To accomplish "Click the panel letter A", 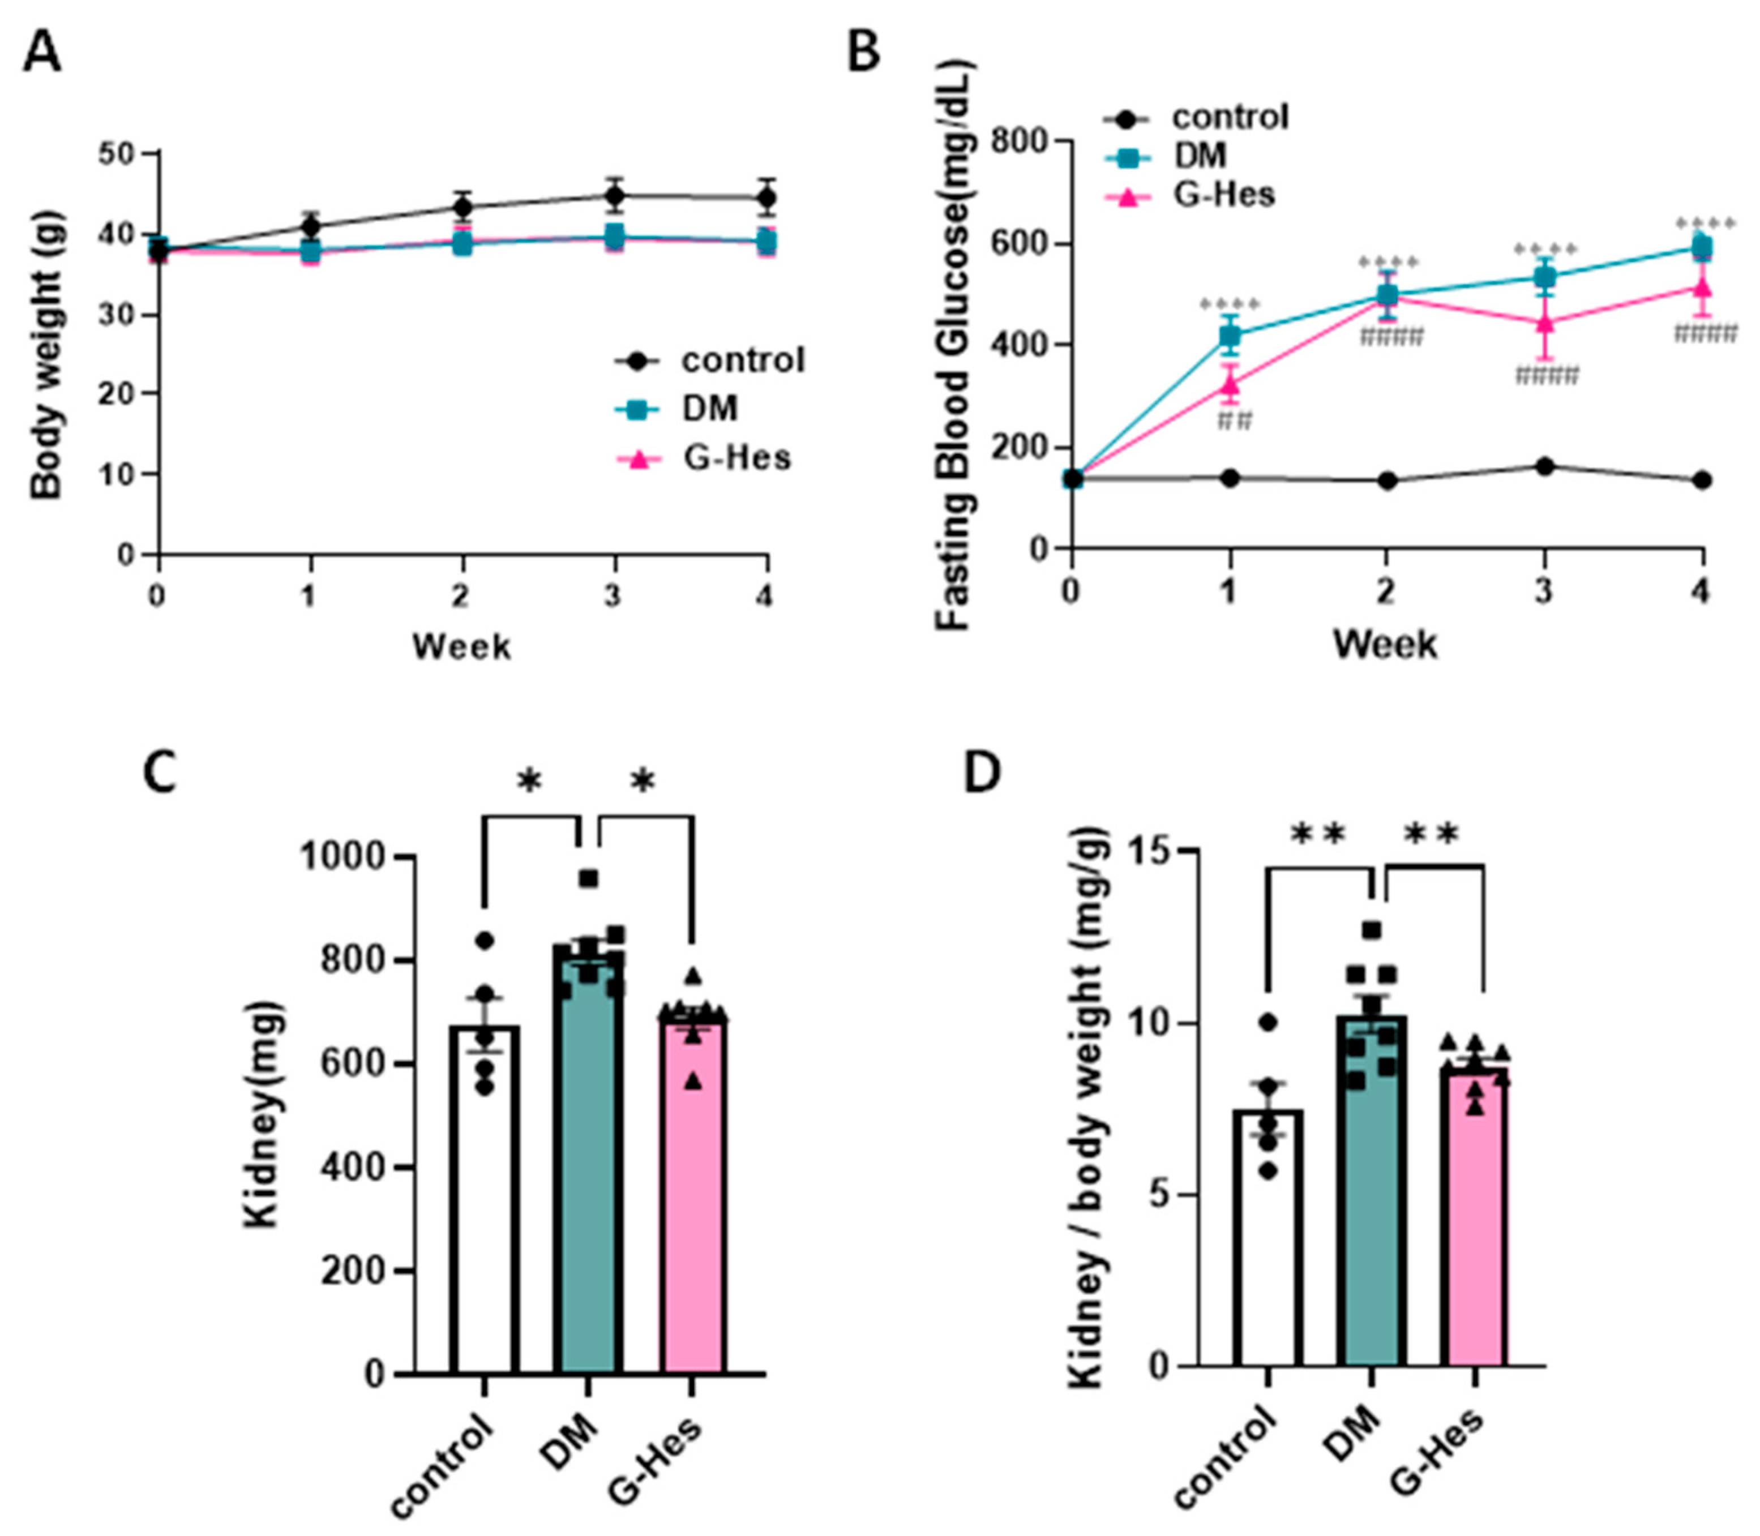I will point(41,53).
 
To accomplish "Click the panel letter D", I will point(982,773).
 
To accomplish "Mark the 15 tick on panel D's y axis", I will point(1149,850).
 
